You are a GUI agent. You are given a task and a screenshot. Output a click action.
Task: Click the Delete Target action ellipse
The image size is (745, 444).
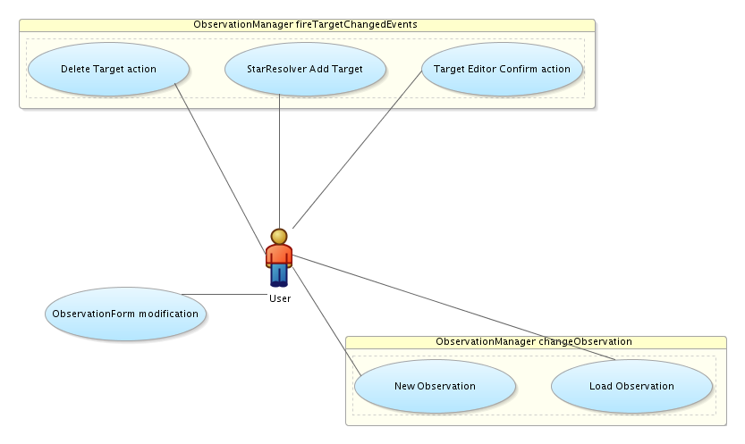click(x=108, y=69)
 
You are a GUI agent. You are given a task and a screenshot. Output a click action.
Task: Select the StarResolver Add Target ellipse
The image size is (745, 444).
click(x=305, y=69)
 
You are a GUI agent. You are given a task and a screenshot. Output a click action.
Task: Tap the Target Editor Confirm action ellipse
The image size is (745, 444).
click(x=501, y=69)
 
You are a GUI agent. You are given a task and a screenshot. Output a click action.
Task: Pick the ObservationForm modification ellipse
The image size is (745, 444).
click(x=125, y=314)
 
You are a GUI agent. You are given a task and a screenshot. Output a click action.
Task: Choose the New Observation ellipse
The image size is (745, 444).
click(x=435, y=386)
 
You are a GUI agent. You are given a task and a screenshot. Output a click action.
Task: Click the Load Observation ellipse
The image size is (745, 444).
click(x=631, y=386)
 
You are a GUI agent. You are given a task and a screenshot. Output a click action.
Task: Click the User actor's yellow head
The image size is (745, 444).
click(x=279, y=237)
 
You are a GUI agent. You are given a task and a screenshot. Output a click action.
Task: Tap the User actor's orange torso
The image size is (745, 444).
click(x=279, y=255)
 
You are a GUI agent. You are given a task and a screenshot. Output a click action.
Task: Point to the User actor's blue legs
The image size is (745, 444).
click(x=279, y=274)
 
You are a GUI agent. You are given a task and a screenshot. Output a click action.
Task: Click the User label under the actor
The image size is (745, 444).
click(x=280, y=298)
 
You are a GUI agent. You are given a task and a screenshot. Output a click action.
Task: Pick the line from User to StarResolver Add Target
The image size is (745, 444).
click(x=280, y=161)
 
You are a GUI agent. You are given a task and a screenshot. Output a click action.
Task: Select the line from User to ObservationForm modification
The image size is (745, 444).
click(x=224, y=294)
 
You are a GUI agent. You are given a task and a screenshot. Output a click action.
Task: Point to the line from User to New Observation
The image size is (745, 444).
click(x=326, y=318)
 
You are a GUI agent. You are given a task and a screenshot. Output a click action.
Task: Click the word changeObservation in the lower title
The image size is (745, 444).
click(x=585, y=342)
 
